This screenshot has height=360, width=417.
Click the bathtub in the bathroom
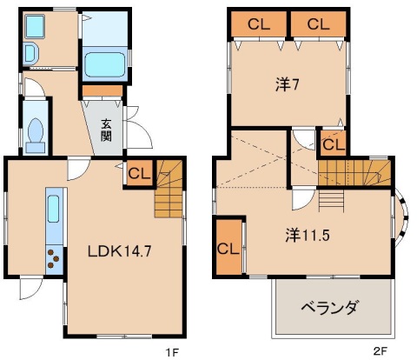[x=104, y=63]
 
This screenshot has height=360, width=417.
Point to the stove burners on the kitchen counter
[x=54, y=258]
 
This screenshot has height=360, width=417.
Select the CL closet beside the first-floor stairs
[x=139, y=174]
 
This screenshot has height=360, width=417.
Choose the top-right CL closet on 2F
[x=317, y=24]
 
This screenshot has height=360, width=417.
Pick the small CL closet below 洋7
[x=333, y=143]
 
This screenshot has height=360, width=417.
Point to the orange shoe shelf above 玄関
[x=103, y=90]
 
